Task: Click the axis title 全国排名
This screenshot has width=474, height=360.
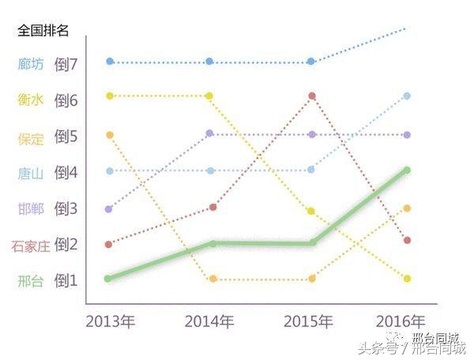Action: tap(43, 31)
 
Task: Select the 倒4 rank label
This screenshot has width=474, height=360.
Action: tap(66, 173)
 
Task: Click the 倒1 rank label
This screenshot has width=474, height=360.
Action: tap(66, 281)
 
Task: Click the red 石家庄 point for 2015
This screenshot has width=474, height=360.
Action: tap(312, 96)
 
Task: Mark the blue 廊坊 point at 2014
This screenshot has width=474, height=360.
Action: tap(209, 61)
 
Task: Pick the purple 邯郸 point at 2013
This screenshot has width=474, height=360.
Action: tap(109, 209)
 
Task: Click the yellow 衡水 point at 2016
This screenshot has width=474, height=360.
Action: tap(407, 279)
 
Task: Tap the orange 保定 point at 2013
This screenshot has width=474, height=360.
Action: tap(110, 135)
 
